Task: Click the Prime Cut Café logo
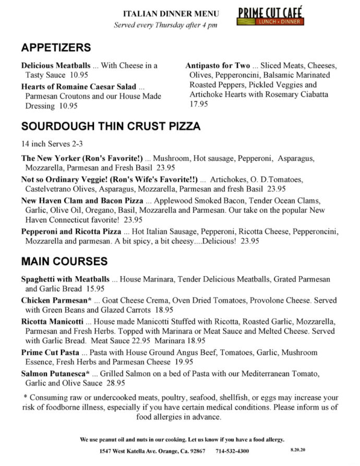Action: coord(270,16)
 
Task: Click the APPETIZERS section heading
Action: coord(56,48)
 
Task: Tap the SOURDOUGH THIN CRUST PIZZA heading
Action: coord(111,126)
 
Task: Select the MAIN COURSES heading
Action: coord(64,261)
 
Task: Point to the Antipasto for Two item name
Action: coord(218,66)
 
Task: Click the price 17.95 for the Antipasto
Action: coord(199,104)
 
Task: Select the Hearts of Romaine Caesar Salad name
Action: coord(79,87)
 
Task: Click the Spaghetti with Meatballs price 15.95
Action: coord(95,289)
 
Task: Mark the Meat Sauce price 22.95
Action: coord(131,341)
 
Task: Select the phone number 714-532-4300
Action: coord(232,451)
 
